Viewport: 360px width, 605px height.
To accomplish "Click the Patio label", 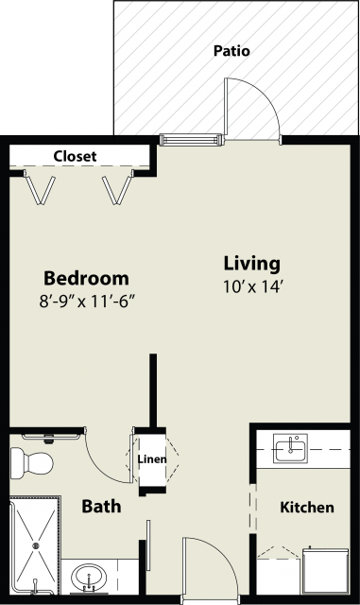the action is coord(231,51).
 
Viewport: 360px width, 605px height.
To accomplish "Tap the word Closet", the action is coord(75,156).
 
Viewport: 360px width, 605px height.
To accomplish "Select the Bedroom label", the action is coord(86,278).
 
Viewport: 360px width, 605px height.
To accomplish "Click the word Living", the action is coord(252,264).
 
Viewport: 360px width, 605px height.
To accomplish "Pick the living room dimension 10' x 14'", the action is coord(253,287).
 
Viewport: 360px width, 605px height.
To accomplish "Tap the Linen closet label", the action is coord(152,459).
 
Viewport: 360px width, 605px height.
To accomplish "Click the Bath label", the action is coord(101,507).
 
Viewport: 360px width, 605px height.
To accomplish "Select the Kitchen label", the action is coord(307,507).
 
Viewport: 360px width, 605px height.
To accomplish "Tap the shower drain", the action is coord(36,545).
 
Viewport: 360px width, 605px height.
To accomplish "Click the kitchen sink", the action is coord(290,448).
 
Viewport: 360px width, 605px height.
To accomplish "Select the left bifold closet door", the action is coord(40,189).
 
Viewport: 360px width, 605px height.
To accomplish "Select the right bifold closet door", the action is coord(117,189).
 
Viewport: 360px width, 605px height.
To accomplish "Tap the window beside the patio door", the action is coord(191,139).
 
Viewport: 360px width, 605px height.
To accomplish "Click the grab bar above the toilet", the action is coord(51,437).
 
